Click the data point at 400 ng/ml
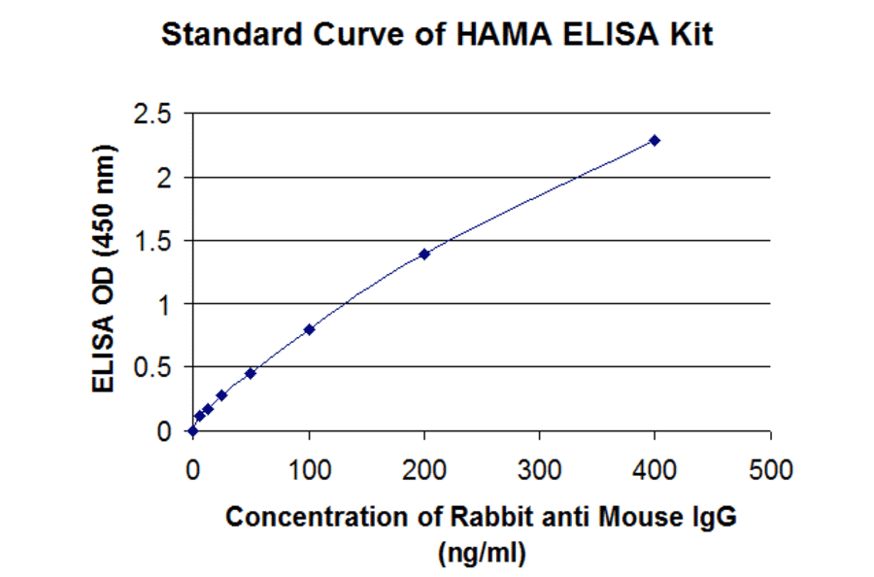click(655, 140)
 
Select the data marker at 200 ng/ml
click(424, 254)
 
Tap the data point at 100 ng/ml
click(309, 329)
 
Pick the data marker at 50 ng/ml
click(251, 373)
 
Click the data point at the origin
click(192, 430)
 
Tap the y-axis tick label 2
click(164, 178)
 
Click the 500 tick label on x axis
click(771, 472)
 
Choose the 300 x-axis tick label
click(540, 472)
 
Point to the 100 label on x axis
click(309, 472)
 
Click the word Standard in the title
click(224, 36)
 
